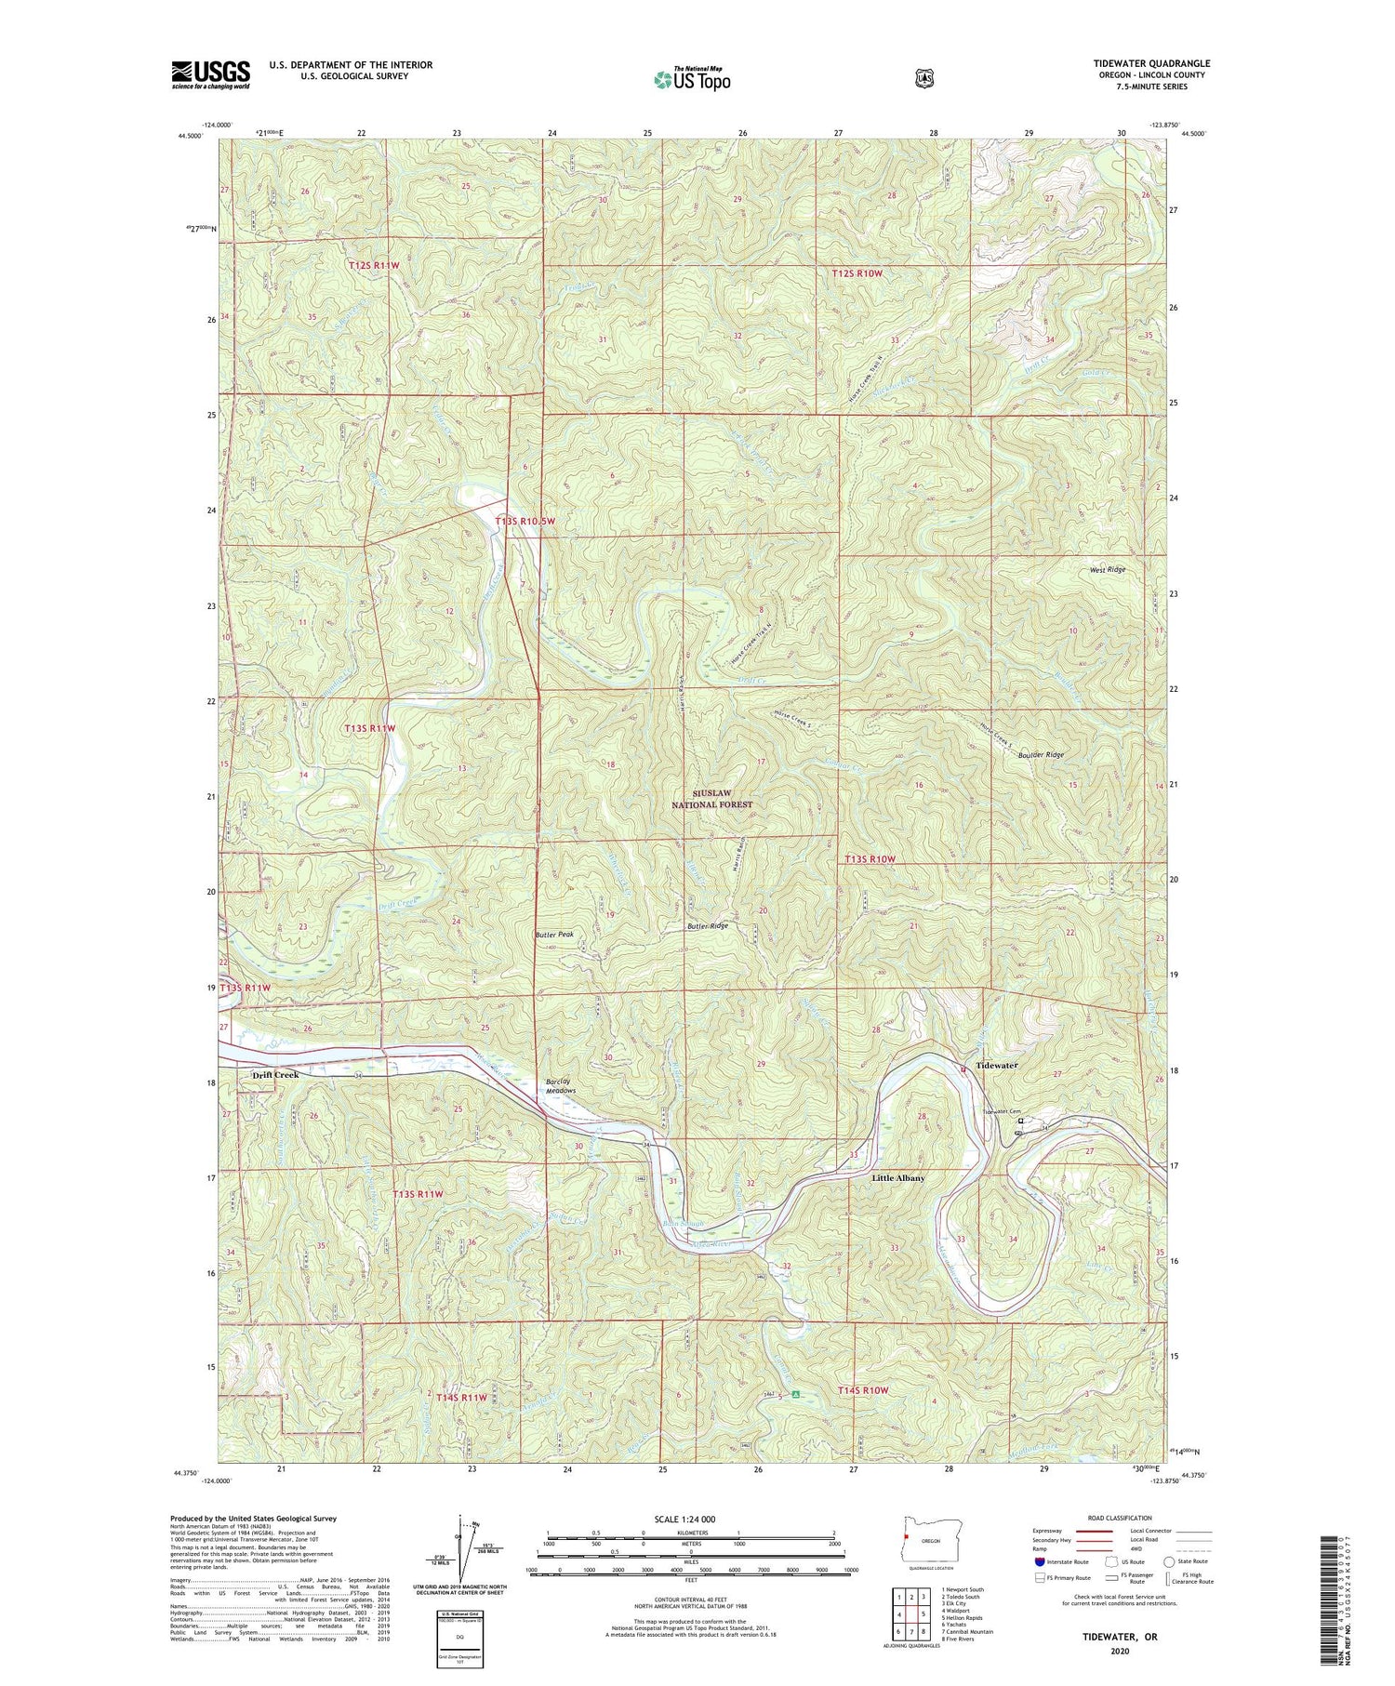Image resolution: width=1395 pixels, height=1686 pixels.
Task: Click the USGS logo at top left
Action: click(210, 74)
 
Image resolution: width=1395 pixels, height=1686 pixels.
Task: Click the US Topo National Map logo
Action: click(692, 78)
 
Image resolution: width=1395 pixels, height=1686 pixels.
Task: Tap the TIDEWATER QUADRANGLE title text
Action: click(1151, 63)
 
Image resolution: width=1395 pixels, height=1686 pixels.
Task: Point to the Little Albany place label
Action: click(897, 1177)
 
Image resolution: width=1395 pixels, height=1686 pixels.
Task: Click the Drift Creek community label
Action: click(275, 1074)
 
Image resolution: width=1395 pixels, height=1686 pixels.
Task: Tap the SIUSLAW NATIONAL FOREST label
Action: click(712, 799)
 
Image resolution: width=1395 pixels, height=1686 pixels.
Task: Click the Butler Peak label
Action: click(554, 935)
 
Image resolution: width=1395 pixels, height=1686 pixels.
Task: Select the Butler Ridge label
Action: click(708, 926)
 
